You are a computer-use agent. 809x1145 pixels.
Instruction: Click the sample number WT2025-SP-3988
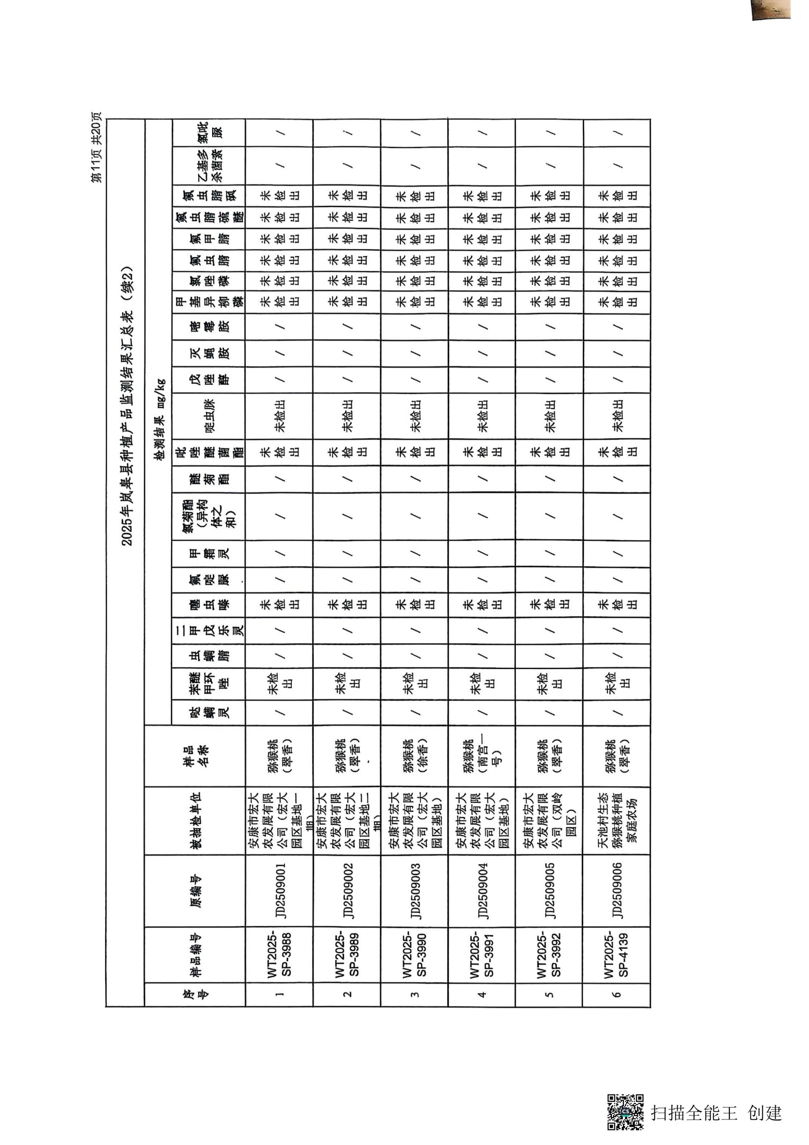279,953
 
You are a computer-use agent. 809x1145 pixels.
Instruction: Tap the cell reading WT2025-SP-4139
617,953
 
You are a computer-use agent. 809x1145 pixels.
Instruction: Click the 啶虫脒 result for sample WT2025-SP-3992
550,416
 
